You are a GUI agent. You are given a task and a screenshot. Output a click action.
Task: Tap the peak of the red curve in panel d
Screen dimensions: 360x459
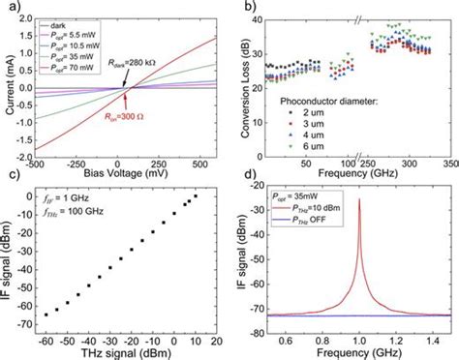coord(360,200)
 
